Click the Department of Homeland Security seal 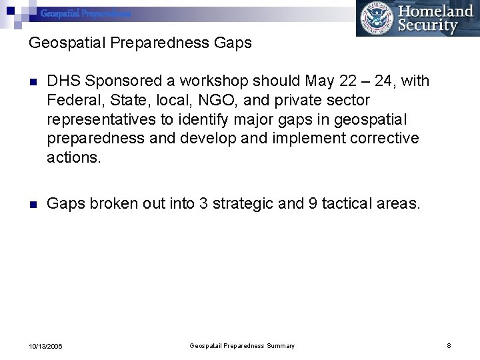(x=377, y=18)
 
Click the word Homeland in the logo (x=437, y=12)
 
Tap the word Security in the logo (x=428, y=27)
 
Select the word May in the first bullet (x=321, y=81)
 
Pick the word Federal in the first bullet (x=71, y=100)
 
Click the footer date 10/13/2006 (x=47, y=346)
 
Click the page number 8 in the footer (x=449, y=345)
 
